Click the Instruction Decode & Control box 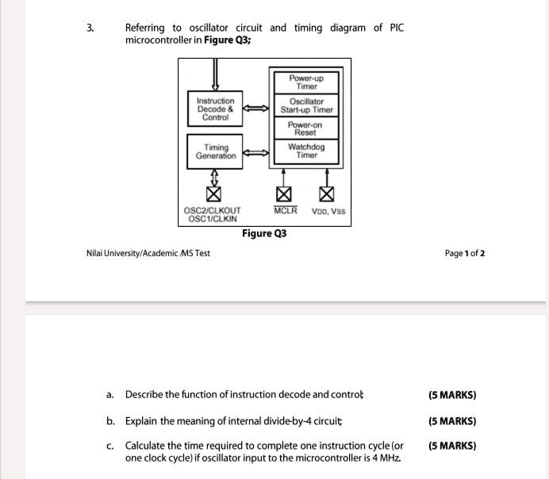(216, 109)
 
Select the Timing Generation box (216, 151)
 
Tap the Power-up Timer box (306, 82)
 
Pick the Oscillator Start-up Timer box (306, 105)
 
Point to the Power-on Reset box (306, 128)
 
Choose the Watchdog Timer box (306, 151)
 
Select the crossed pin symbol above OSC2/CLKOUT (213, 193)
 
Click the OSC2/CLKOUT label (212, 211)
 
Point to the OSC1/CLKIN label (212, 218)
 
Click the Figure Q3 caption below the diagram (265, 233)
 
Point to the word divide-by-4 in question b (285, 421)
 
